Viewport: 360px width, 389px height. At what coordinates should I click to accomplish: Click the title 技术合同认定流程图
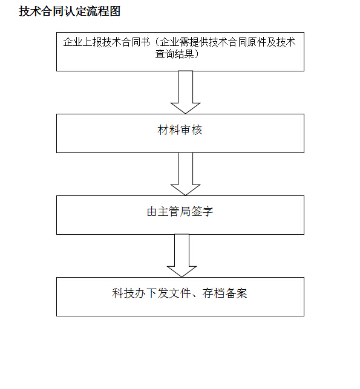point(70,11)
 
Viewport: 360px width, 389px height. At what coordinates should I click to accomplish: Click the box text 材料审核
point(180,130)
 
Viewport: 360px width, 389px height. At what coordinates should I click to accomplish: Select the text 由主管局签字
point(180,212)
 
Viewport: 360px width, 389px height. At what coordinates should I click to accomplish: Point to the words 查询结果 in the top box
point(175,54)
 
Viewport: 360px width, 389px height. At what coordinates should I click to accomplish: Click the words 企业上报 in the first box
point(82,42)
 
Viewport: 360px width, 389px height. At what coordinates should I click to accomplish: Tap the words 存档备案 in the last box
point(225,293)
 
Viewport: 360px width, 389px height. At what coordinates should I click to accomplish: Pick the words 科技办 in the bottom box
point(129,293)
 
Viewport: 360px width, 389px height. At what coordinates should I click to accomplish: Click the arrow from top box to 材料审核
point(185,93)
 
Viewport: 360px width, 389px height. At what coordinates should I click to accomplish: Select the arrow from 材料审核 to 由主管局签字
point(185,174)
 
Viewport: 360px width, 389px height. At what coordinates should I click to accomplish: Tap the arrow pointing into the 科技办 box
point(182,255)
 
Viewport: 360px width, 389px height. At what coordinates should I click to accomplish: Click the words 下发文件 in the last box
point(169,293)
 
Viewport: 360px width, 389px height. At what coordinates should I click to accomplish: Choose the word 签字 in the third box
point(202,212)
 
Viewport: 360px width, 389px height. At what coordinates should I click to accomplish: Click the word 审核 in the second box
point(191,130)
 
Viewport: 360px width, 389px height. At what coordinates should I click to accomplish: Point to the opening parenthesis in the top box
point(156,42)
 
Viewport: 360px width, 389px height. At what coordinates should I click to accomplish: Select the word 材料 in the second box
point(169,130)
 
